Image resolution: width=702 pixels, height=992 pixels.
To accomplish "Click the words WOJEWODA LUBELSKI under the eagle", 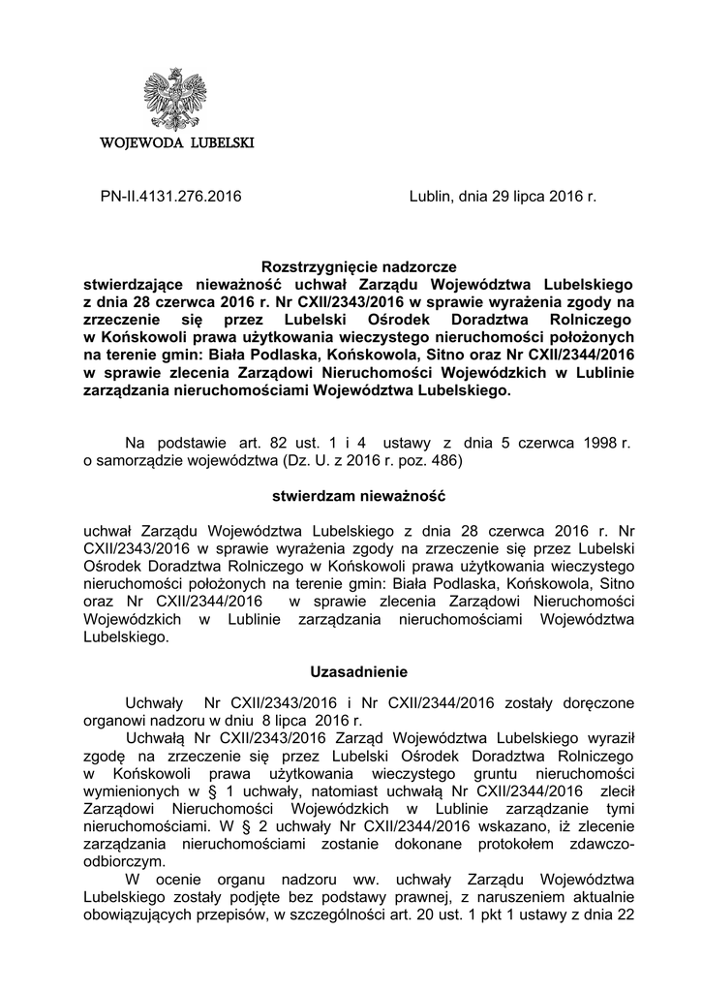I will [177, 143].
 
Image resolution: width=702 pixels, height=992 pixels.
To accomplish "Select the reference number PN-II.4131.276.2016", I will [170, 197].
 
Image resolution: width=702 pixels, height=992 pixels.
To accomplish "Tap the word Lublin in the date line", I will [430, 197].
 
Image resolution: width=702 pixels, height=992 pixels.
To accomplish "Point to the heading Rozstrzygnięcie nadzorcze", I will [358, 266].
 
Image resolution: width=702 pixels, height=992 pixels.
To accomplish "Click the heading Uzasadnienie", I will [358, 670].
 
